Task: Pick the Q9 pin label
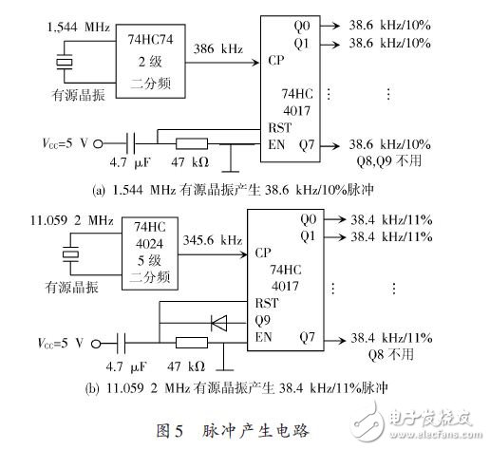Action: [x=262, y=320]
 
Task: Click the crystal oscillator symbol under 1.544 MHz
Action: [x=64, y=64]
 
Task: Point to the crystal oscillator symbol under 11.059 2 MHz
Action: [x=64, y=253]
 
